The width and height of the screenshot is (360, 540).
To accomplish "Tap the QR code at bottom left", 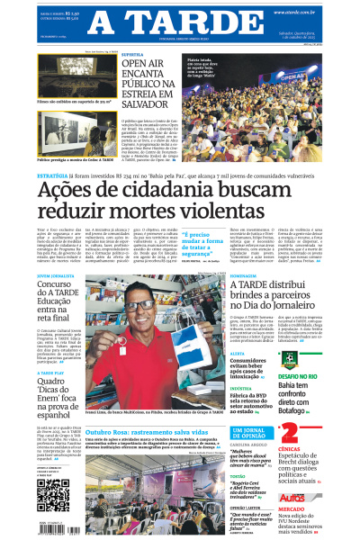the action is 53,494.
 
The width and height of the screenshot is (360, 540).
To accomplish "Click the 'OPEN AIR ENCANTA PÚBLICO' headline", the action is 149,82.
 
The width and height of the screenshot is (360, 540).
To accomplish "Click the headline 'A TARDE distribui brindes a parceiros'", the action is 275,298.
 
